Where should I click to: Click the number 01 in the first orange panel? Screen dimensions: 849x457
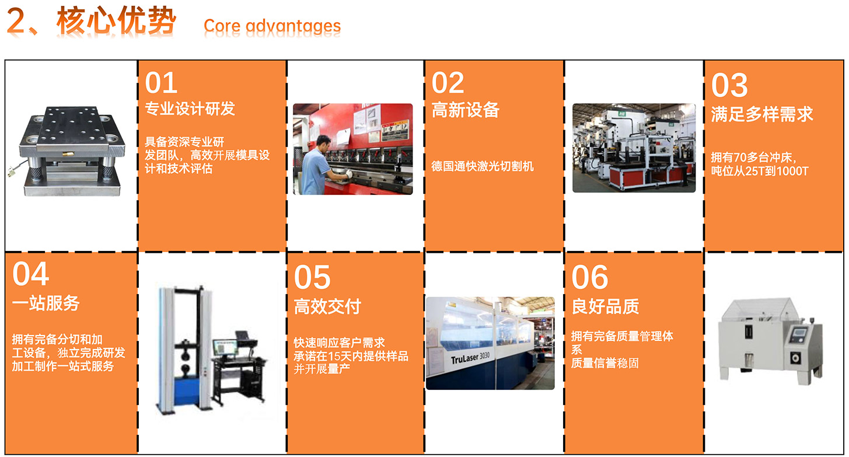tap(161, 83)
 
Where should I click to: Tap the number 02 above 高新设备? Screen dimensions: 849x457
tap(448, 83)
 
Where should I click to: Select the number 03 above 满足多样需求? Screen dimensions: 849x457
tap(729, 85)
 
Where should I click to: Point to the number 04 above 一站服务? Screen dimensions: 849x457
tap(31, 274)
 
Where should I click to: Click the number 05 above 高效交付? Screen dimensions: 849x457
tap(312, 277)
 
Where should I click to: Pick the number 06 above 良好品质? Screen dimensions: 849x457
tap(590, 277)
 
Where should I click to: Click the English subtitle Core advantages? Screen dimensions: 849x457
tap(272, 26)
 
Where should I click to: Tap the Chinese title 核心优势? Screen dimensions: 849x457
tap(117, 21)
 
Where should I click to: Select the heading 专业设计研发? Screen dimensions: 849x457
tap(190, 109)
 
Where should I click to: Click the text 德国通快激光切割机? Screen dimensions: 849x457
tap(483, 166)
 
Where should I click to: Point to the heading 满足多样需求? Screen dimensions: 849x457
tap(762, 114)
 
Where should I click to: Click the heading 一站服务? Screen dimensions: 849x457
tap(46, 303)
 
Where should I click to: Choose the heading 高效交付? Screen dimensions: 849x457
tap(327, 306)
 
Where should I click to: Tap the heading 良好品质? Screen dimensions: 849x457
tap(605, 306)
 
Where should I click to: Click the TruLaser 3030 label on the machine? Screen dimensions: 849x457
tap(470, 358)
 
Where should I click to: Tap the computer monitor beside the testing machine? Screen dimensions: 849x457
tap(225, 348)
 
